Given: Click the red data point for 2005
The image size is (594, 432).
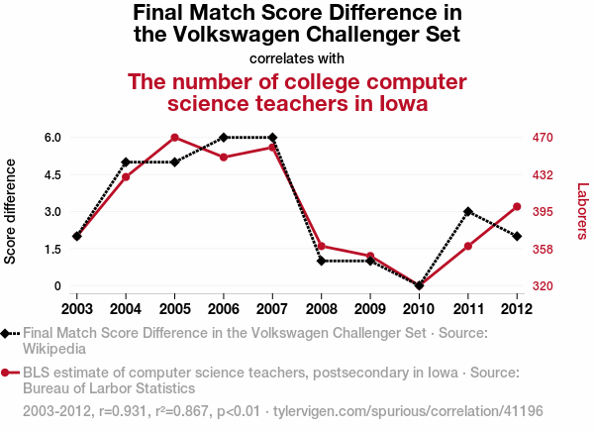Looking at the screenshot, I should [x=174, y=138].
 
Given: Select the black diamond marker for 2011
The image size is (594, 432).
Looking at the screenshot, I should [x=468, y=212].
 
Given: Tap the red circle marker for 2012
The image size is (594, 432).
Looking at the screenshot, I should [x=517, y=207].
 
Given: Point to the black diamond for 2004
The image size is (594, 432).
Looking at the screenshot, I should [x=126, y=162].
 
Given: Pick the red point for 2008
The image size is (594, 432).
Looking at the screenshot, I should [x=322, y=247].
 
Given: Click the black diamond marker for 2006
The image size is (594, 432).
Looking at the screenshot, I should [x=224, y=138].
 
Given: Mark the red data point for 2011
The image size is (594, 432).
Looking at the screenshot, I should [x=468, y=246].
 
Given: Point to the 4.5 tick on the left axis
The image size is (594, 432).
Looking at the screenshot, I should [x=52, y=174].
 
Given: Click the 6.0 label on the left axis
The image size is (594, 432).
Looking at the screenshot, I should [x=52, y=138].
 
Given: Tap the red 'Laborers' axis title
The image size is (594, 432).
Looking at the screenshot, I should [x=582, y=211].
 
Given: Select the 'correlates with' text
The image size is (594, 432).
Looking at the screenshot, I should [x=297, y=58].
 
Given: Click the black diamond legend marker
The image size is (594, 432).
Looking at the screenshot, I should [x=7, y=333].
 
